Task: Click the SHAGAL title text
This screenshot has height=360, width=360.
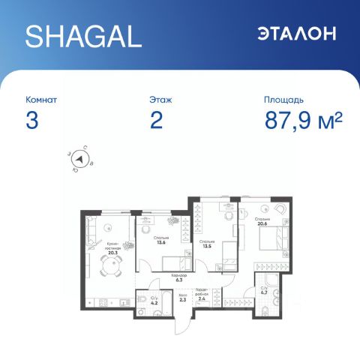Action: pos(82,34)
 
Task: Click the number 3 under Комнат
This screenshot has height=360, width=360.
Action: pos(31,121)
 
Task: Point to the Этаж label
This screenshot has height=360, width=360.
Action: pos(163,99)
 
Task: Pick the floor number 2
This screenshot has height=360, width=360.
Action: pos(156,121)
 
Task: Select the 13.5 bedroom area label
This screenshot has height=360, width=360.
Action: pos(207,244)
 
